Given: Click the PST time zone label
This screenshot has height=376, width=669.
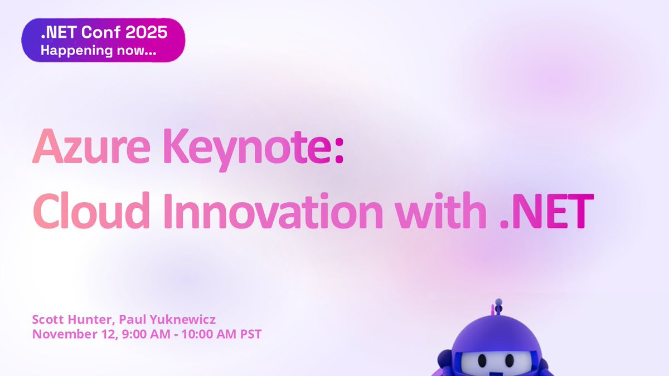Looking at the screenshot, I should (x=251, y=335).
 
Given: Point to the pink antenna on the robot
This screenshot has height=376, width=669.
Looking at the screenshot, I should (x=493, y=310).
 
